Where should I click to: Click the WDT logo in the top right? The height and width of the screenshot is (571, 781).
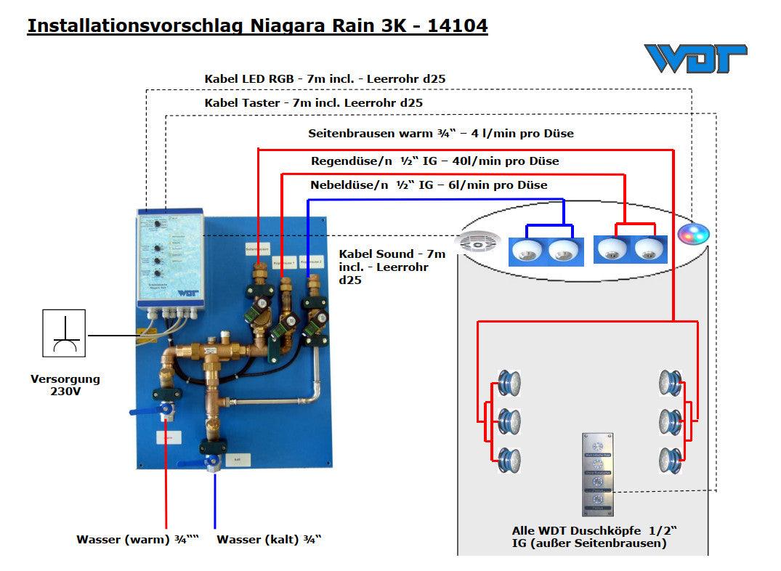pos(695,58)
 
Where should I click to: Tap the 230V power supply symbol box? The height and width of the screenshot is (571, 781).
pos(64,333)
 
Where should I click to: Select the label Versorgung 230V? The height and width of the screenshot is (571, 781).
pos(65,385)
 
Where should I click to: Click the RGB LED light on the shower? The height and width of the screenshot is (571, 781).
pos(693,234)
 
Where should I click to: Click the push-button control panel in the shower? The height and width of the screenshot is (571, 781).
pos(599,473)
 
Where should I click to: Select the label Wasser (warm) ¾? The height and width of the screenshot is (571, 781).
pos(138,539)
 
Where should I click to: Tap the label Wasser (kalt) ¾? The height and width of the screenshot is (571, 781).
pos(269,539)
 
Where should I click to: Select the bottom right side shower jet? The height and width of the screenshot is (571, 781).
pos(669,459)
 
